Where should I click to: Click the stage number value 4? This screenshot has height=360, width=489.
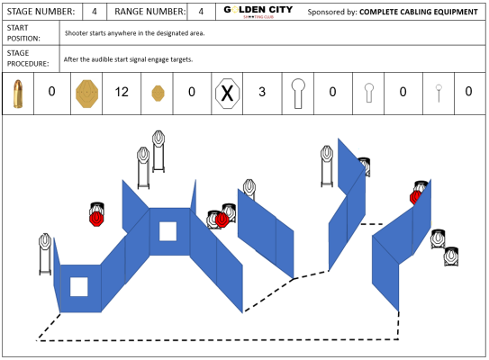pos(95,12)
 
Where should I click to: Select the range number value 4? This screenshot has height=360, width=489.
pos(201,12)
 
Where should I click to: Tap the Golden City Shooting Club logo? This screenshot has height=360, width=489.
pos(258,12)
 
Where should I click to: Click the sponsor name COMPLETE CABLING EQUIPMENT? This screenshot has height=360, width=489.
pos(419,12)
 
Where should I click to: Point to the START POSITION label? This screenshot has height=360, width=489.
pos(23,33)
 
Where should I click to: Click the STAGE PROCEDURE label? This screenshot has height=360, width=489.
pos(28,58)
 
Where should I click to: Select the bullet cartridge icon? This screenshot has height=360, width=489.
pos(18,94)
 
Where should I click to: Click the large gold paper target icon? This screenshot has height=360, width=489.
pos(87,94)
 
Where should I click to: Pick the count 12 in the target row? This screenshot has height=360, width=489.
pos(122,92)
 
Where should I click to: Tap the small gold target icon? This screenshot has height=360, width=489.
pos(158,94)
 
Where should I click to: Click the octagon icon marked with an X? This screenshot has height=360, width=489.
pos(227,94)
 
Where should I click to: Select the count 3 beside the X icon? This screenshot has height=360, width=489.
pos(262,92)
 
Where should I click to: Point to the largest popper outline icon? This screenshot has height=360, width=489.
pos(298,94)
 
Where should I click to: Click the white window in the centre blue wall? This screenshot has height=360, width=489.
pos(168,231)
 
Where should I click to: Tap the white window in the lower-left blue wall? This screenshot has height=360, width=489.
pos(79,287)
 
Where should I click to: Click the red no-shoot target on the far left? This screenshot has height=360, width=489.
pos(96,218)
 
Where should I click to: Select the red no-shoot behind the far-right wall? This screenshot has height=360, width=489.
pos(415,197)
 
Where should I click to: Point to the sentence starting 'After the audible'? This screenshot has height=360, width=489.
pos(128,59)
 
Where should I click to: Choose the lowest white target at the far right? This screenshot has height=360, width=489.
pos(451,256)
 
